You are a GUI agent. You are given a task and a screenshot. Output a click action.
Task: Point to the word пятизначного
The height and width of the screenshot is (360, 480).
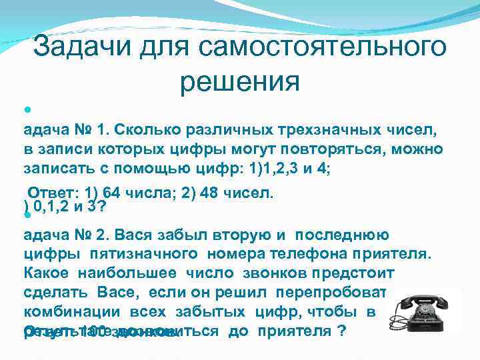[151, 254]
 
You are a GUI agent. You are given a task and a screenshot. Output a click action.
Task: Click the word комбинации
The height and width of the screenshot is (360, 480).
[65, 312]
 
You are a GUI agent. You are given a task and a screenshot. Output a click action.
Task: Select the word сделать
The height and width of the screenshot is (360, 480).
[53, 293]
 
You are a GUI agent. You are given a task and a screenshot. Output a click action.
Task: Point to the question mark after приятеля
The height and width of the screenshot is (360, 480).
[342, 331]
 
